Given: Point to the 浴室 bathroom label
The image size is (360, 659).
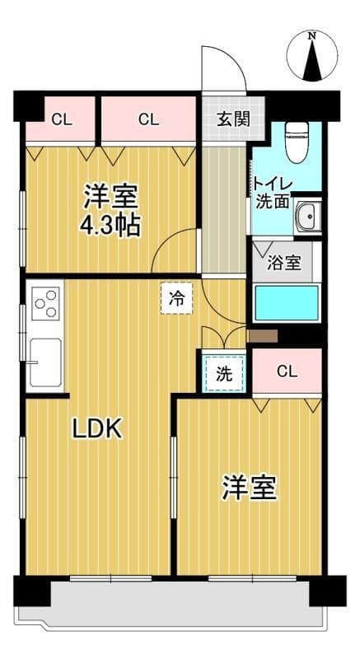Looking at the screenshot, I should [285, 265].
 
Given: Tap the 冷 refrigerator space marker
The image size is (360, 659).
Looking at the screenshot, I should [176, 298].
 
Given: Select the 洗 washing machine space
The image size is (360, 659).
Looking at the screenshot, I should [224, 372].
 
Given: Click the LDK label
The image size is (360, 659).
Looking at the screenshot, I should [97, 428].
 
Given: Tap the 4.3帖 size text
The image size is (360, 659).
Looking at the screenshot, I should [110, 225].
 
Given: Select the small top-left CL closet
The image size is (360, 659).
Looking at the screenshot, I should [61, 119].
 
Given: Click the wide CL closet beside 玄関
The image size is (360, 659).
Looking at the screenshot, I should [148, 119].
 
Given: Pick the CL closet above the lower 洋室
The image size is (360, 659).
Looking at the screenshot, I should [286, 371].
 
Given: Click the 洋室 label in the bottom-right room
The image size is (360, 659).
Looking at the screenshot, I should [248, 488].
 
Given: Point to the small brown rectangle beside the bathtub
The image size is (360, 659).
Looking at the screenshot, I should [263, 335].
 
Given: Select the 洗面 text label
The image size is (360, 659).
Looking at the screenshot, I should [272, 201].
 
